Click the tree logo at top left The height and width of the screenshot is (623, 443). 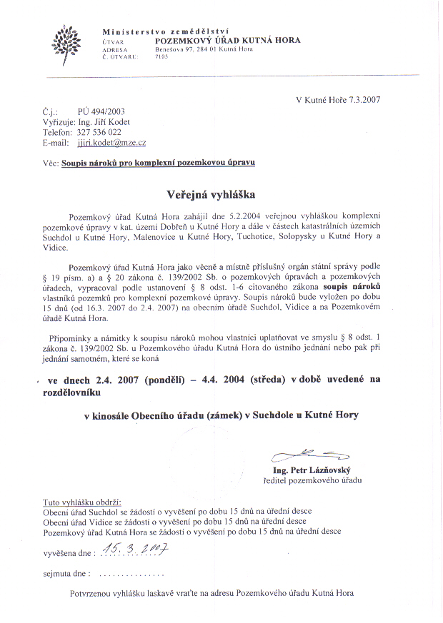[66, 44]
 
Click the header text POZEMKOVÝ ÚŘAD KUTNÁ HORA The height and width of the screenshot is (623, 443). [228, 41]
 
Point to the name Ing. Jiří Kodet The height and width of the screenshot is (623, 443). [104, 122]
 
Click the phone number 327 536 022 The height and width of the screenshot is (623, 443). [99, 132]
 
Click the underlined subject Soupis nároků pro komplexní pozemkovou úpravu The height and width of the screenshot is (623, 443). [158, 163]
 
